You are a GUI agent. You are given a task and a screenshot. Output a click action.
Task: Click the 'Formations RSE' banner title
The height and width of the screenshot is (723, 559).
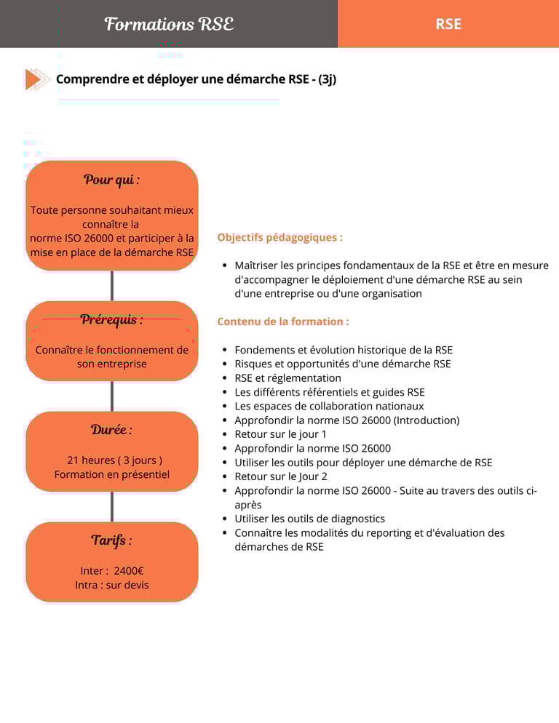169,24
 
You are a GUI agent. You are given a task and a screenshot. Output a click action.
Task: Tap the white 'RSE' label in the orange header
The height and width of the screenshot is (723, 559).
448,24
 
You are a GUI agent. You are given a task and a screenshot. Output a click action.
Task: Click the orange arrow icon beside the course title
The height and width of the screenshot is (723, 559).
36,79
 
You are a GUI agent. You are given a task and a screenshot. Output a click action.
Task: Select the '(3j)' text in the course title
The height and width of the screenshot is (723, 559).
327,79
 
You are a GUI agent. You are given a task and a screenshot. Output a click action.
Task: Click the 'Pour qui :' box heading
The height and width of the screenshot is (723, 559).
111,180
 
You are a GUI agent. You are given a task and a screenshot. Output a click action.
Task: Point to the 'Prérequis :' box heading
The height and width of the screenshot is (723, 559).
111,319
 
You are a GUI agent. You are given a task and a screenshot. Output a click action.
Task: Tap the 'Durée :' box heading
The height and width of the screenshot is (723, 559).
111,430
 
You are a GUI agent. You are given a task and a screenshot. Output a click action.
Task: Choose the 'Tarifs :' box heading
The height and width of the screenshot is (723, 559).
111,540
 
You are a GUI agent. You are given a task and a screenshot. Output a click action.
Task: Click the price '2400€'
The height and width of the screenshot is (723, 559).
129,571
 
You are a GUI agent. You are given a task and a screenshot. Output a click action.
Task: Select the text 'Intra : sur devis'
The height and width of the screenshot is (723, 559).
111,585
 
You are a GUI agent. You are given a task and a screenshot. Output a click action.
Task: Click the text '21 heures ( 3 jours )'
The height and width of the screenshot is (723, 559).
114,460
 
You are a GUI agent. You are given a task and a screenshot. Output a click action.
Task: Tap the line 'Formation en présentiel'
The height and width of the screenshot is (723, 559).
111,474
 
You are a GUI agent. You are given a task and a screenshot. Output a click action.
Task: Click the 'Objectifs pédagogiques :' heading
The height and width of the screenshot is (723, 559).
279,237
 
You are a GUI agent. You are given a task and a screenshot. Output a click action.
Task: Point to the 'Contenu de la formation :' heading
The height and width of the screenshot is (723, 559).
283,321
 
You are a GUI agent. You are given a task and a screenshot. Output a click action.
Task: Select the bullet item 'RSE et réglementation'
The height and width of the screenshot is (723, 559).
288,378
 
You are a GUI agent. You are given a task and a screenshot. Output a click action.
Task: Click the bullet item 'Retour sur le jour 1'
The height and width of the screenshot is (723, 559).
280,434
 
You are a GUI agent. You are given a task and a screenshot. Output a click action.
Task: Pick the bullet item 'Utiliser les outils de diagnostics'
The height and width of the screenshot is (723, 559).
309,519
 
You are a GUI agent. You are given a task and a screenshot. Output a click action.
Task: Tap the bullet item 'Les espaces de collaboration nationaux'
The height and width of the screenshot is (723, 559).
329,406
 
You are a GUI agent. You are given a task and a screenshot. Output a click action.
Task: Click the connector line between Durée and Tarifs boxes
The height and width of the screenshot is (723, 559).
112,506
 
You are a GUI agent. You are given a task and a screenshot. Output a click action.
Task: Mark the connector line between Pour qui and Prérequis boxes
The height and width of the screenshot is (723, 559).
112,285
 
